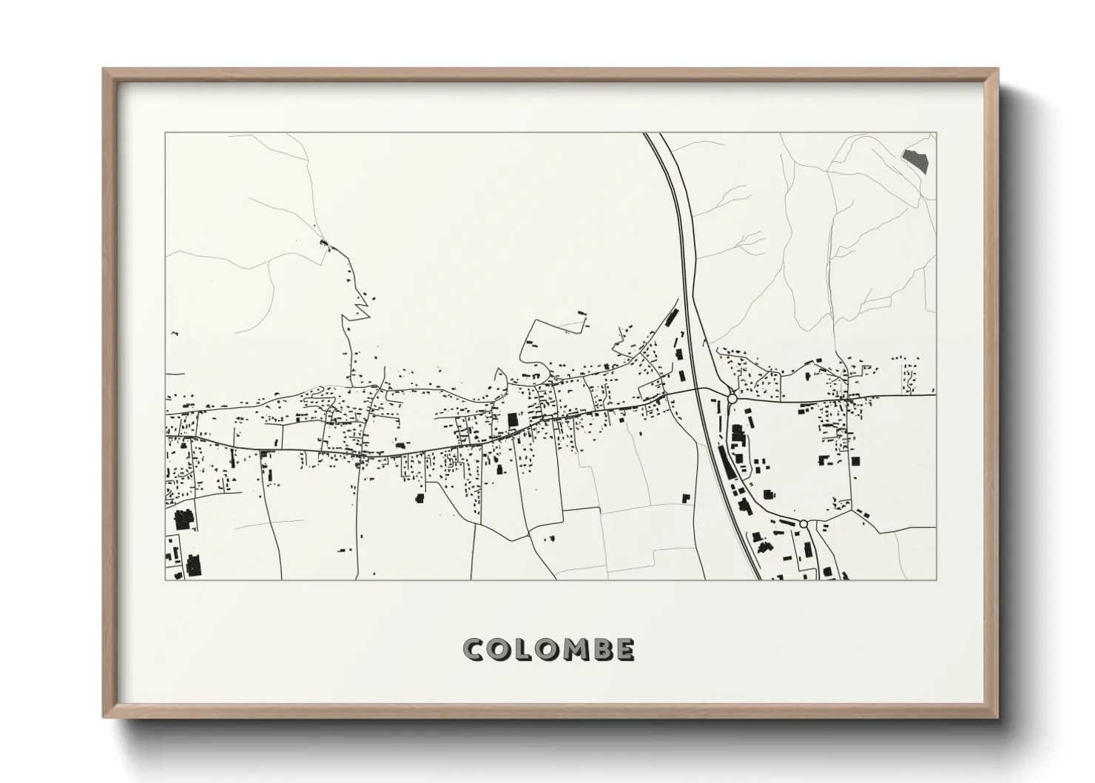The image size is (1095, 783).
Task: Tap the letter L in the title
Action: pyautogui.click(x=523, y=650)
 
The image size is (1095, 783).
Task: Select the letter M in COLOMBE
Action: pyautogui.click(x=574, y=650)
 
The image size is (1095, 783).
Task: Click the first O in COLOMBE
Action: pyautogui.click(x=499, y=650)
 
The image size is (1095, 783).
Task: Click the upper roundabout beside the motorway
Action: pyautogui.click(x=732, y=398)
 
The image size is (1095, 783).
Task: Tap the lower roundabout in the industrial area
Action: pyautogui.click(x=803, y=524)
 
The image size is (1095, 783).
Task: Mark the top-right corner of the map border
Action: pyautogui.click(x=936, y=133)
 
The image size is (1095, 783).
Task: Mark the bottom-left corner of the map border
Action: pyautogui.click(x=166, y=579)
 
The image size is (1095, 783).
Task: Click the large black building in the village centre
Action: pyautogui.click(x=512, y=420)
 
